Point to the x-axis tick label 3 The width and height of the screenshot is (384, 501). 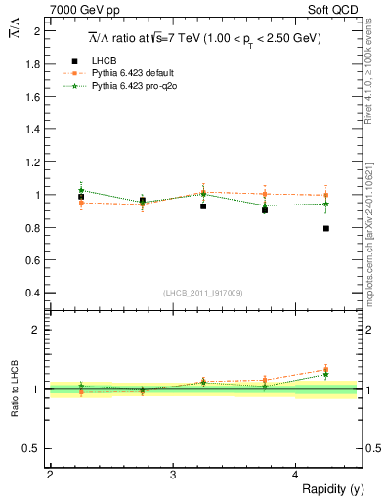coord(172,475)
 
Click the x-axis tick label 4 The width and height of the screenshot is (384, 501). coord(295,475)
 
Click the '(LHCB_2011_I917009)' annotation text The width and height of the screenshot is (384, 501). coord(202,292)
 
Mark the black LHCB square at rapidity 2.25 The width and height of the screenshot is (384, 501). coord(81,197)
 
